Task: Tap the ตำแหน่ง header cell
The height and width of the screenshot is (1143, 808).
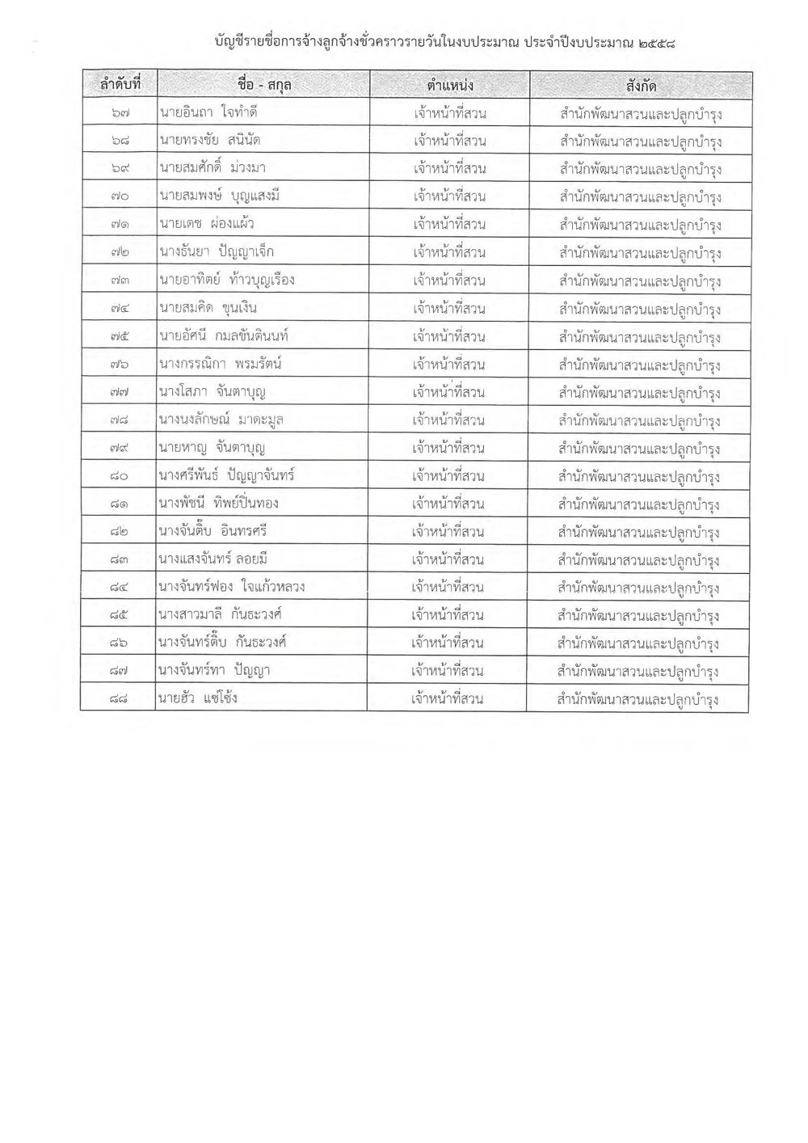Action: pos(450,85)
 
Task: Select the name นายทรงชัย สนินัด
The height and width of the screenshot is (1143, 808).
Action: pos(210,141)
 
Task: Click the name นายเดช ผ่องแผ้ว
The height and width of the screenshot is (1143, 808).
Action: pos(202,224)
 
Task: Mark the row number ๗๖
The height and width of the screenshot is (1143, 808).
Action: pos(119,364)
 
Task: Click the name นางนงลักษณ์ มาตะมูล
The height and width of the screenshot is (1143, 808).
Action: pos(221,420)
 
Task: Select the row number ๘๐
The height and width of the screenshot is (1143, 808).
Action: pos(118,476)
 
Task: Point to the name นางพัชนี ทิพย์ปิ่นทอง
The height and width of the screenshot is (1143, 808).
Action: pos(219,504)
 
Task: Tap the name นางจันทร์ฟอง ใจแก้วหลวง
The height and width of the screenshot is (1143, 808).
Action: pos(232,587)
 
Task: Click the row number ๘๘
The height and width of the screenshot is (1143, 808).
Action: pos(117,698)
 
